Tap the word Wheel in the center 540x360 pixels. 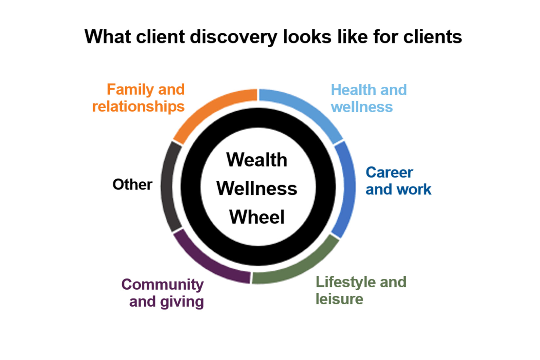(x=257, y=217)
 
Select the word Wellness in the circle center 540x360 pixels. (x=257, y=189)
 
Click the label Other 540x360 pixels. (x=133, y=185)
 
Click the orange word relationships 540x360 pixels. (x=138, y=107)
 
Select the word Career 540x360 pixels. (x=389, y=172)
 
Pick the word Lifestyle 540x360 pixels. (x=345, y=282)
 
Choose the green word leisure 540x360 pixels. (x=339, y=299)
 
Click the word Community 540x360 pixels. (x=163, y=285)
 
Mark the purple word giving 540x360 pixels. (x=182, y=302)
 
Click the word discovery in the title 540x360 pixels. (x=234, y=37)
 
